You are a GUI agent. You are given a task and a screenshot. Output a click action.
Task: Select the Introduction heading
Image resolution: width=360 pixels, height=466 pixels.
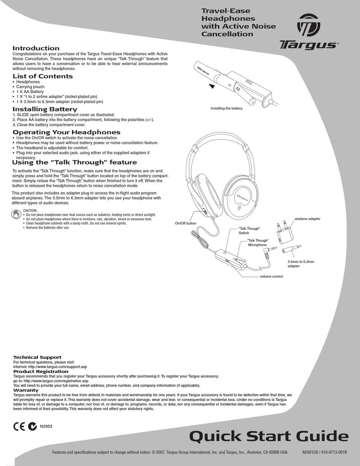pos(36,48)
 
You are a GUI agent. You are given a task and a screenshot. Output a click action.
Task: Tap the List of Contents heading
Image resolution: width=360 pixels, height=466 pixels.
pos(42,76)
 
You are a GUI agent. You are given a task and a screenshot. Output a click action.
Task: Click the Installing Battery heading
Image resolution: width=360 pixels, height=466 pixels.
pos(45,109)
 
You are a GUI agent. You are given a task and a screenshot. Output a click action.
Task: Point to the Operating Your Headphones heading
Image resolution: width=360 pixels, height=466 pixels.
pos(66,132)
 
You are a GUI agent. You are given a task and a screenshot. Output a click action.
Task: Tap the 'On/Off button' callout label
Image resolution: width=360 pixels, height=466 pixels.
pos(186,223)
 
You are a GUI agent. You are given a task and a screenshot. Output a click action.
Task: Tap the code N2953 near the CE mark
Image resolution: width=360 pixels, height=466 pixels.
pos(47,426)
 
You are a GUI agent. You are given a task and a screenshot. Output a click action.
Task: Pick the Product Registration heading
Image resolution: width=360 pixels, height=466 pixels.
pos(41,371)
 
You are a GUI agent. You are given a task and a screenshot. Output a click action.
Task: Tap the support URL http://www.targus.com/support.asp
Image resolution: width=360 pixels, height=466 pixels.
pos(61,367)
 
